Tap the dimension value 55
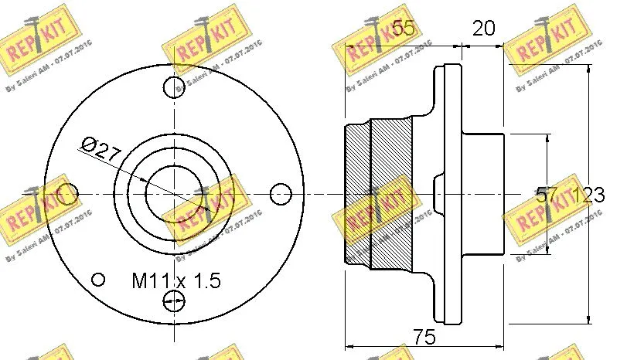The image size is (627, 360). pyautogui.click(x=402, y=29)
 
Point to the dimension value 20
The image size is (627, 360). pyautogui.click(x=483, y=29)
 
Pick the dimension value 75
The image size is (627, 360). pyautogui.click(x=424, y=337)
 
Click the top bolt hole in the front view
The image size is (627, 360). pyautogui.click(x=175, y=87)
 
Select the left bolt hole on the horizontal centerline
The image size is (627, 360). pyautogui.click(x=70, y=192)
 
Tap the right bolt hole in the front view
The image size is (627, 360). pyautogui.click(x=282, y=192)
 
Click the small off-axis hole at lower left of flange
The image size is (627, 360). pyautogui.click(x=98, y=279)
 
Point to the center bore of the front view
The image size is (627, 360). pyautogui.click(x=175, y=192)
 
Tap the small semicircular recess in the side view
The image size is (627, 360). pyautogui.click(x=437, y=192)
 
